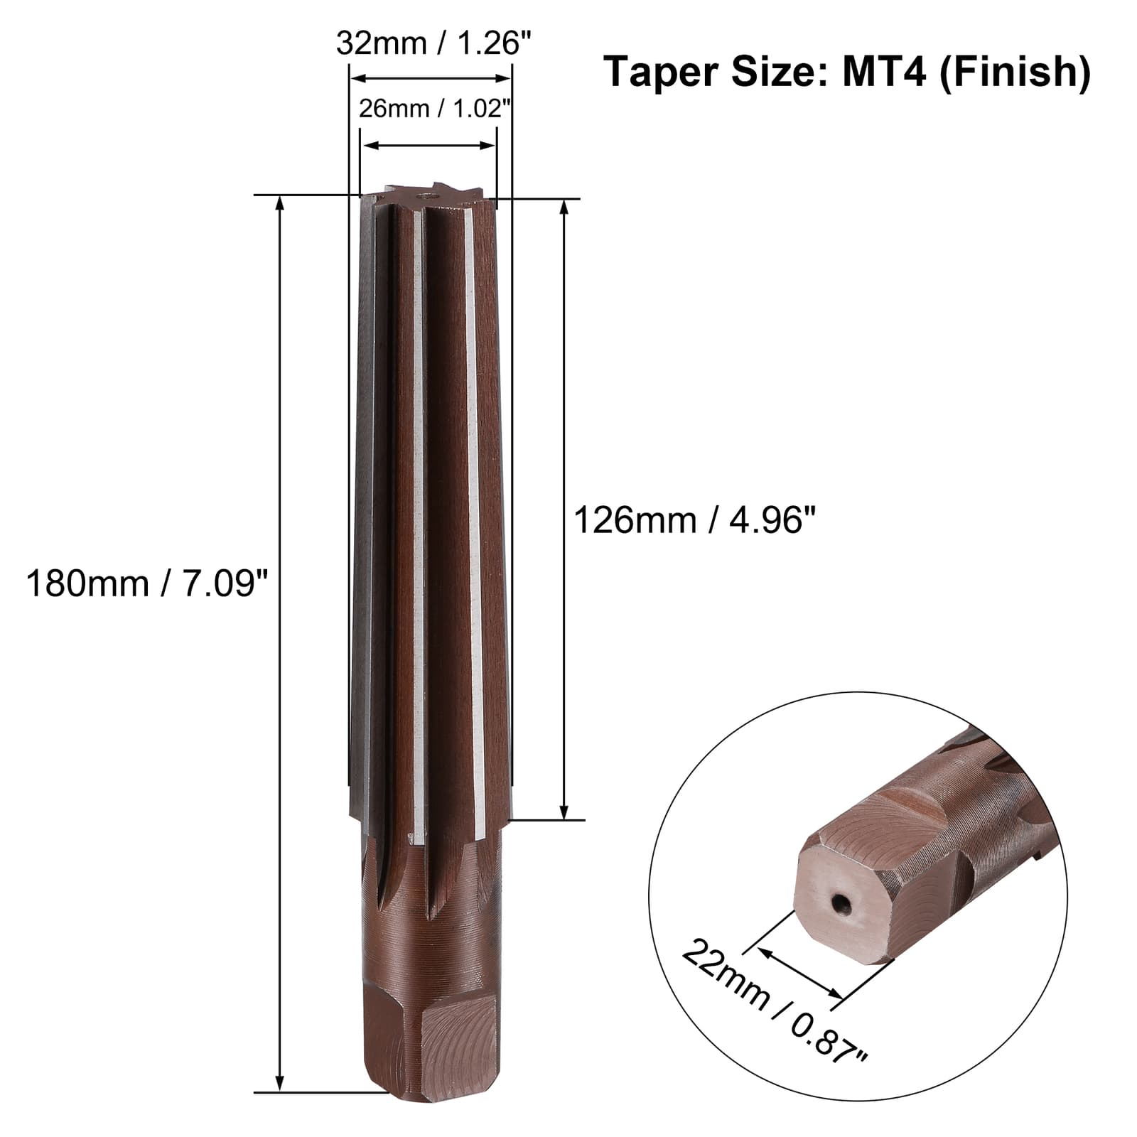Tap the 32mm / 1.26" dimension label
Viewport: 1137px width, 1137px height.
(433, 43)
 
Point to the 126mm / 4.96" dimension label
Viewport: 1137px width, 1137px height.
(694, 520)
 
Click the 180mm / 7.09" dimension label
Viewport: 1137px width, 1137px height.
(147, 584)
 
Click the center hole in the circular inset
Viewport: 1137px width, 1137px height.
(841, 904)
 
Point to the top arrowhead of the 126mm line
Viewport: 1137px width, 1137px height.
(565, 208)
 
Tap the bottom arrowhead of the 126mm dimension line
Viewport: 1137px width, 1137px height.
(565, 812)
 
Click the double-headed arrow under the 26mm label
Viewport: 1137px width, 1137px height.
(429, 145)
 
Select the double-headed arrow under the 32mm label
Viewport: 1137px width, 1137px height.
(432, 78)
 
